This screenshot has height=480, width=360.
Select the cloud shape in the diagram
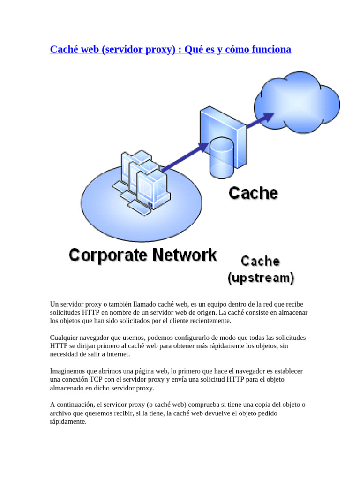[296, 100]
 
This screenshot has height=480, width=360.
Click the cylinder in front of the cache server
[221, 157]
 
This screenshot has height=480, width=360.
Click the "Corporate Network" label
[143, 255]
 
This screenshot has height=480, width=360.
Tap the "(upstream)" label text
[261, 278]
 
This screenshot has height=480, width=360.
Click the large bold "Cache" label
[253, 193]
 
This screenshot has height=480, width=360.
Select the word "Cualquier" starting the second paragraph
[64, 337]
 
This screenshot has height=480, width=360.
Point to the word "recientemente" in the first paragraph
[210, 321]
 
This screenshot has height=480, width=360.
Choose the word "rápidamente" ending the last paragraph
[68, 421]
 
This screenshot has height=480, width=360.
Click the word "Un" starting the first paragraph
[54, 304]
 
